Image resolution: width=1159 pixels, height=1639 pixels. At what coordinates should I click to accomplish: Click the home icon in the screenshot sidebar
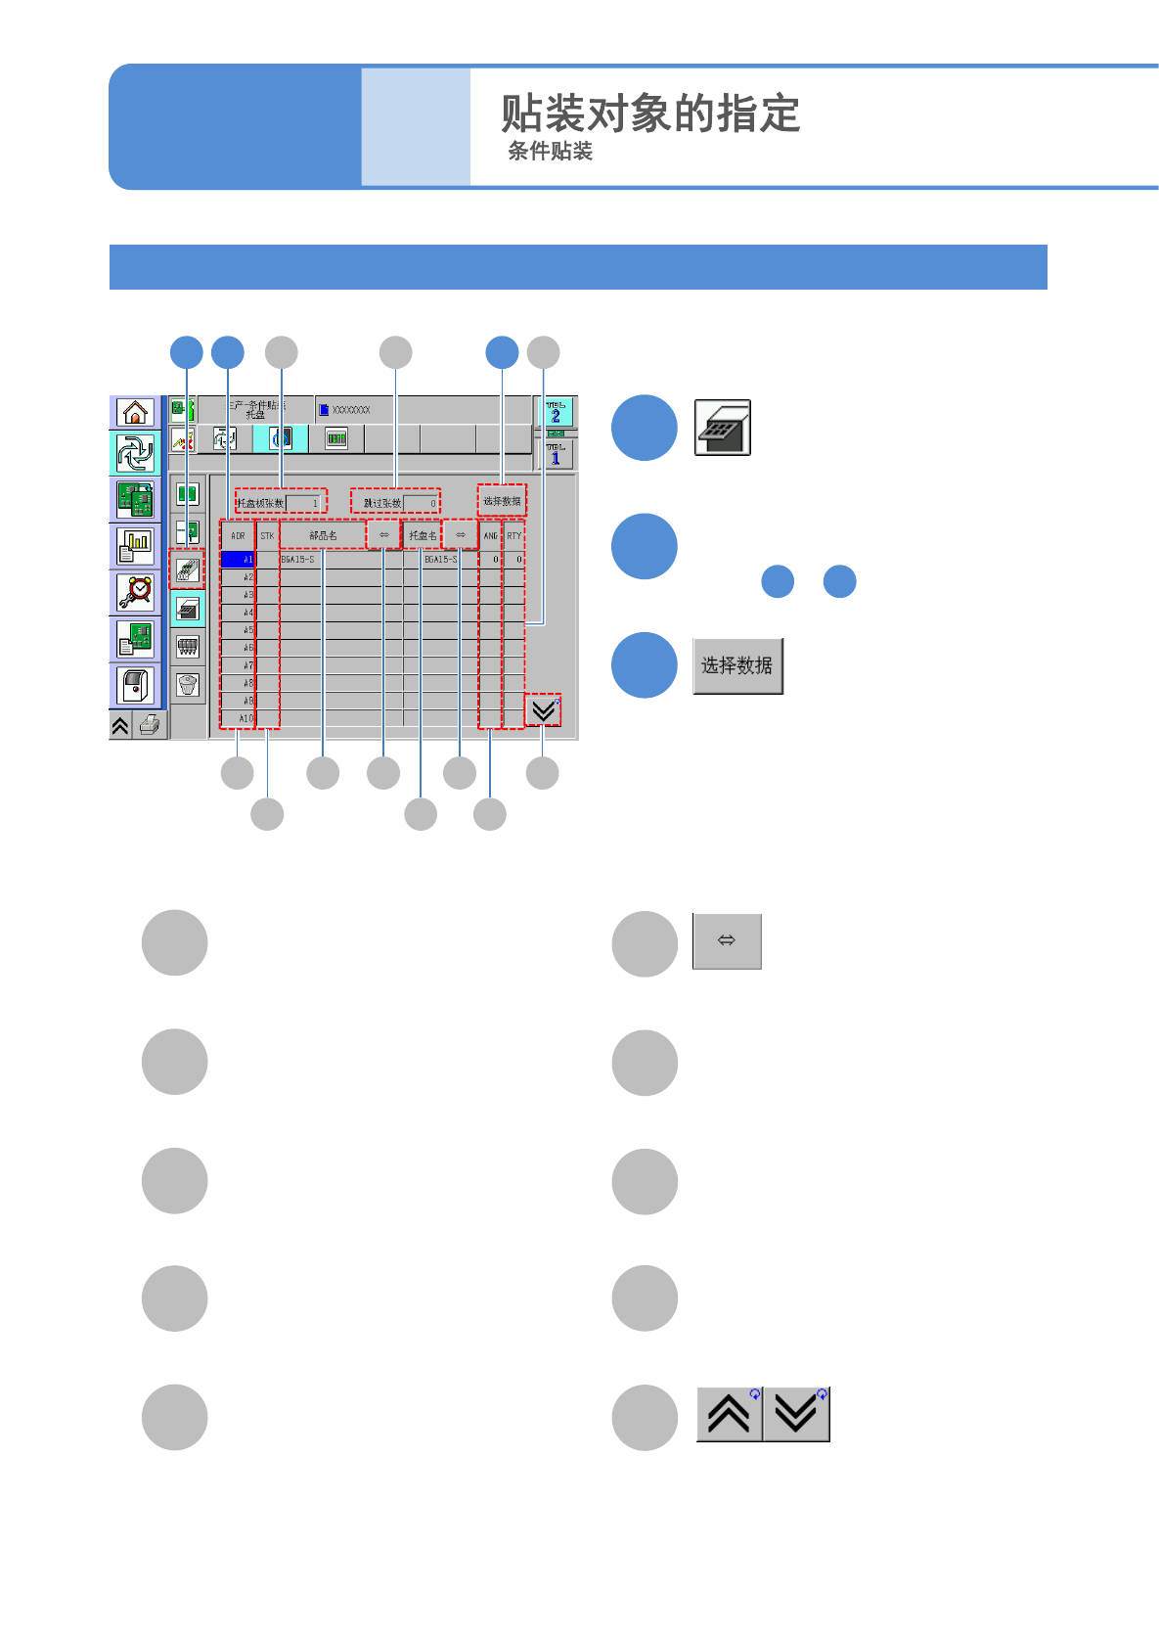[134, 412]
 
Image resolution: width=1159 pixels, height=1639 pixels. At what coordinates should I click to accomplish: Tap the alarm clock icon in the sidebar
[135, 591]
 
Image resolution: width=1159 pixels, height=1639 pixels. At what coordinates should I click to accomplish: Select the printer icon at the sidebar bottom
[150, 725]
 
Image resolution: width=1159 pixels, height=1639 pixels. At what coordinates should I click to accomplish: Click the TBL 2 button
[556, 412]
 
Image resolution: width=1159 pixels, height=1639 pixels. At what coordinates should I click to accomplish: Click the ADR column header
[238, 535]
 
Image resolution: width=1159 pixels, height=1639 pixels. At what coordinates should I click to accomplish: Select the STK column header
[267, 535]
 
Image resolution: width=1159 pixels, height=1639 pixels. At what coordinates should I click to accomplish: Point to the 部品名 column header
[323, 535]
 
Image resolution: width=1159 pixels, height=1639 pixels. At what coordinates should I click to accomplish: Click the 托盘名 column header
[423, 535]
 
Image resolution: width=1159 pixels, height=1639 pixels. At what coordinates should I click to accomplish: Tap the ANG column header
[490, 535]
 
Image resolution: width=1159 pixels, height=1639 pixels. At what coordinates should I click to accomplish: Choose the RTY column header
[514, 535]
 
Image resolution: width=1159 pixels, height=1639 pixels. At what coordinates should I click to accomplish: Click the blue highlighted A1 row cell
[238, 560]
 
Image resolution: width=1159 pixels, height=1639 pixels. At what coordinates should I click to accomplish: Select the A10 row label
[238, 718]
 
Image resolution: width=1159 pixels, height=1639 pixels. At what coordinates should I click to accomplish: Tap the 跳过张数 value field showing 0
[422, 503]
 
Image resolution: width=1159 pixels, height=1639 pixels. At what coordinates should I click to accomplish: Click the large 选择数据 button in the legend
[737, 666]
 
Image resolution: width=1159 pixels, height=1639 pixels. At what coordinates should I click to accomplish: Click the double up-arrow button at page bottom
[729, 1415]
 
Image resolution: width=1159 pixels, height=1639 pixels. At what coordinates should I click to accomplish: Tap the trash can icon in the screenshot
[188, 684]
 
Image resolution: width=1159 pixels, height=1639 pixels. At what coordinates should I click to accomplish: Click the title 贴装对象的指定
[650, 114]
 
